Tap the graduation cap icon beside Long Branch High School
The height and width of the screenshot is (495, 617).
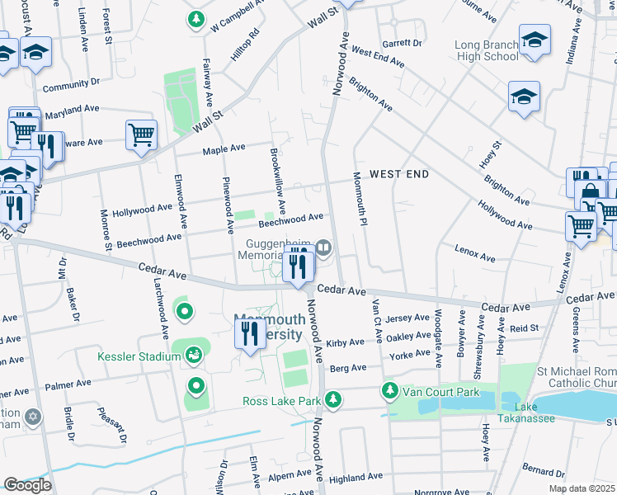click(x=535, y=41)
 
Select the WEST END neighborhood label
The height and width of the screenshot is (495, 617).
click(x=399, y=174)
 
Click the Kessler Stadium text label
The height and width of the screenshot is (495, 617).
click(x=139, y=356)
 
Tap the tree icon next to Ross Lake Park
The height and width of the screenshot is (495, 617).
click(x=333, y=401)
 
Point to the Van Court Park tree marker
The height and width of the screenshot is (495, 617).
click(x=388, y=389)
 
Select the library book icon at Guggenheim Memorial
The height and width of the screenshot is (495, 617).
click(x=323, y=246)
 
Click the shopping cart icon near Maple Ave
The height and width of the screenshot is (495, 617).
click(x=141, y=134)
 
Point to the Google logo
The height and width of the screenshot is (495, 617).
click(x=27, y=485)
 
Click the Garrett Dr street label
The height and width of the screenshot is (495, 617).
click(x=402, y=43)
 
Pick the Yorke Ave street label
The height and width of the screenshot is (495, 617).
click(x=410, y=355)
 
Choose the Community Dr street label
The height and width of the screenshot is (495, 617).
click(x=71, y=83)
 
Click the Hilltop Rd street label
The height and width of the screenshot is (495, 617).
click(x=244, y=45)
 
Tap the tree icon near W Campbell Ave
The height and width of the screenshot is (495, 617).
click(x=196, y=19)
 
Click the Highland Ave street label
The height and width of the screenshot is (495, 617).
click(x=356, y=478)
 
